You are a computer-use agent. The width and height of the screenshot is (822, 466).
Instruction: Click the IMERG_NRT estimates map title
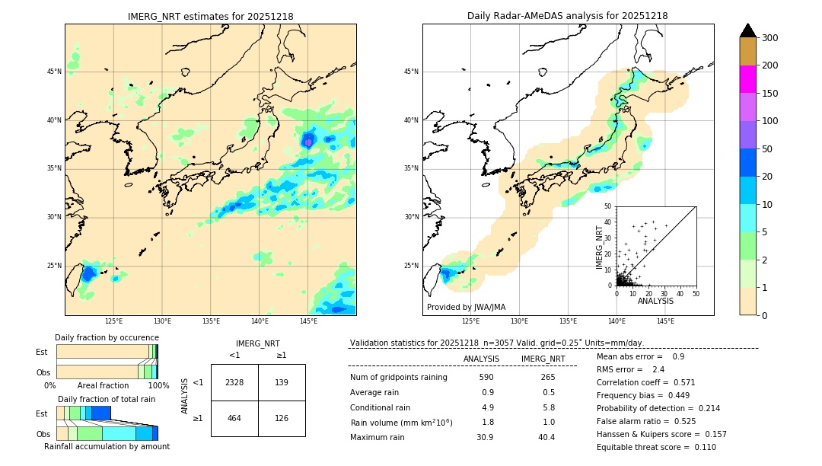point(210,16)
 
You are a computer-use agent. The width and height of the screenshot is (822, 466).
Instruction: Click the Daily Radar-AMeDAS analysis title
point(568,16)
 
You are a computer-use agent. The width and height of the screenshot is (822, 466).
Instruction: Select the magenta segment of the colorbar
point(748,79)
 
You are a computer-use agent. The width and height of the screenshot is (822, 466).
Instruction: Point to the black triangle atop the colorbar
point(748,30)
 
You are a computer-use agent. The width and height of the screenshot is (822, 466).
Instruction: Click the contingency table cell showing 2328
point(234,382)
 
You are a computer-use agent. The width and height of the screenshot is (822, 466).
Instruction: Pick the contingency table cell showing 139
point(282,382)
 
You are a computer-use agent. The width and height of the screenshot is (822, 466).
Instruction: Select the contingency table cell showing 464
point(234,418)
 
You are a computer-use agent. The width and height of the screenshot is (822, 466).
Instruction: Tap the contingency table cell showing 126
point(282,418)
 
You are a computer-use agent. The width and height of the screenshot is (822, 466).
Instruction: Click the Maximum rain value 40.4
point(546,437)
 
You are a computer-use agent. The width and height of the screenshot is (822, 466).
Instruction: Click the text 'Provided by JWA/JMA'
point(466,307)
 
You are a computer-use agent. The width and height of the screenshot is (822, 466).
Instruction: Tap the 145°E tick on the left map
point(308,321)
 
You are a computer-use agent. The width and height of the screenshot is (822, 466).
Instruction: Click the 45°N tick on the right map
point(411,72)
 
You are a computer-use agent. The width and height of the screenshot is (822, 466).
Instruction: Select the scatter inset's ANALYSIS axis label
point(655,301)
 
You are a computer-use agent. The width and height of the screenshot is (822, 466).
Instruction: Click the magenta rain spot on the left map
point(308,141)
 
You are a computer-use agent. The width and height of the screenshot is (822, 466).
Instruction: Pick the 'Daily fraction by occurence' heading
point(107,337)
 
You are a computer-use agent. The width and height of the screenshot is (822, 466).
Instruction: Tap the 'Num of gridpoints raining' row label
point(399,377)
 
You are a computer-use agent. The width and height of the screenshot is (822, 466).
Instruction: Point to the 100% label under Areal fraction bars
point(158,385)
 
